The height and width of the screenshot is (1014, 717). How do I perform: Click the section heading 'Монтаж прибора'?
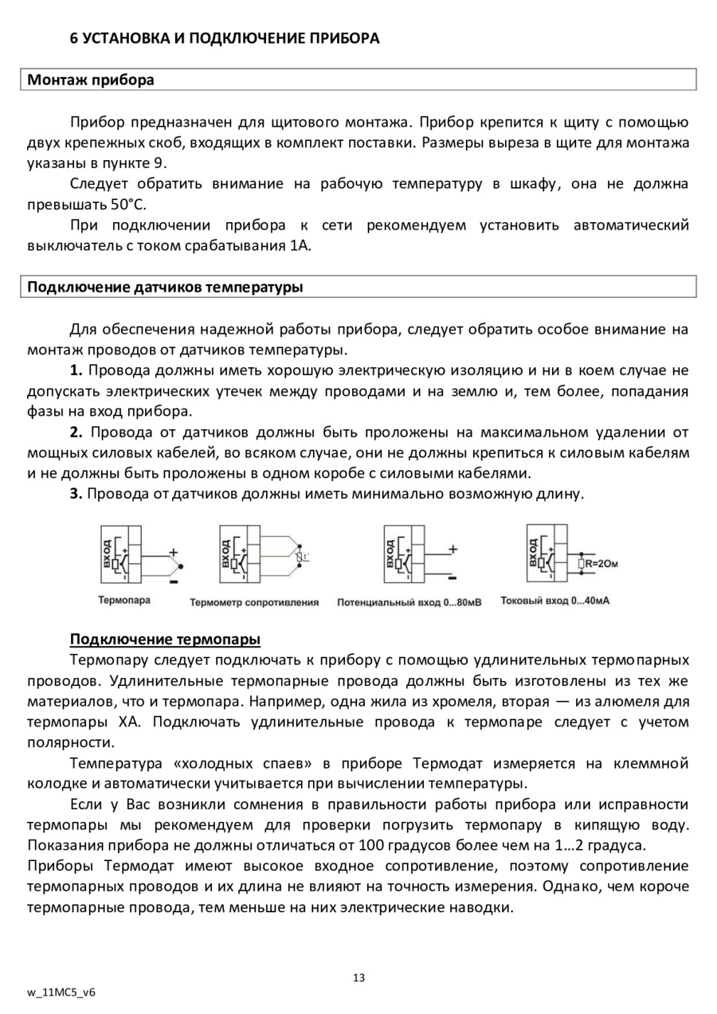coord(91,80)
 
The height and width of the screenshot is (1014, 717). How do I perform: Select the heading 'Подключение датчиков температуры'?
coord(165,287)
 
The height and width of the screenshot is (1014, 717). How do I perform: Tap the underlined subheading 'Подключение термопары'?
coord(166,640)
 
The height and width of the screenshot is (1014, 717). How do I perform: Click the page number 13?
coord(358,977)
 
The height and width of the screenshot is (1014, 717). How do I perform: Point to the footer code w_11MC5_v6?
coord(61,993)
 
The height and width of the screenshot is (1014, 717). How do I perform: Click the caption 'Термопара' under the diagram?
coord(124,600)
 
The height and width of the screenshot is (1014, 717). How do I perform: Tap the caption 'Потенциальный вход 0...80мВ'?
coord(409,602)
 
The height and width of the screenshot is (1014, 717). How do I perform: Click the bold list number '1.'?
coord(76,370)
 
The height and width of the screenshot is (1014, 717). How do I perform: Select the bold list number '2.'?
coord(76,433)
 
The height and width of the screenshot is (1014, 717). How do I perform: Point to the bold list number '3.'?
coord(76,494)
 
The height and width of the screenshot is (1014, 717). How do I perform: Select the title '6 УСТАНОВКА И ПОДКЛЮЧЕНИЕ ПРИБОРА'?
coord(225,38)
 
